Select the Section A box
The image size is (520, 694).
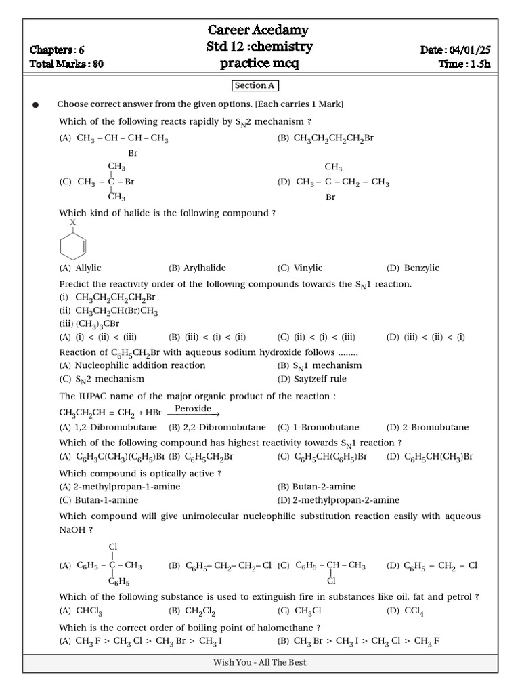click(x=256, y=85)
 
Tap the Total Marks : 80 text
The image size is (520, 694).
click(x=67, y=64)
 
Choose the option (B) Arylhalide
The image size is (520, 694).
click(x=197, y=268)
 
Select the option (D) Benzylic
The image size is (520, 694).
click(x=412, y=268)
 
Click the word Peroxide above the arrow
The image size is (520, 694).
click(x=193, y=409)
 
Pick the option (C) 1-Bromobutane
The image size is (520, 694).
click(x=318, y=427)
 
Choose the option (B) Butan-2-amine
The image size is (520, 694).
click(x=316, y=487)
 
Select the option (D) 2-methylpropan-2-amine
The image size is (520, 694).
click(x=338, y=500)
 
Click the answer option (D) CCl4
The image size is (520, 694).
click(x=404, y=611)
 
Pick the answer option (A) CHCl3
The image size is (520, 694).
click(x=76, y=611)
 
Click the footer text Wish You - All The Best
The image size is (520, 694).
click(x=259, y=662)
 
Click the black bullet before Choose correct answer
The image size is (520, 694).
click(x=35, y=105)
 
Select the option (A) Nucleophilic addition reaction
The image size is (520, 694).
click(x=132, y=365)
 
